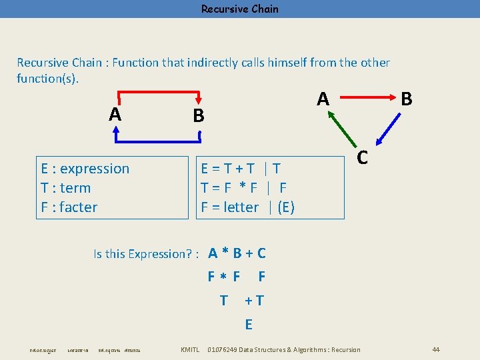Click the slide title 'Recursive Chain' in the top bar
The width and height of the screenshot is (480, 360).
(240, 9)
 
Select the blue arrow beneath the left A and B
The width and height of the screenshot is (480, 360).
(159, 141)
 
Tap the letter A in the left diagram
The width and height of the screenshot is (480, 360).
(115, 115)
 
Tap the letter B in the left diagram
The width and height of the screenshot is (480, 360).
(198, 116)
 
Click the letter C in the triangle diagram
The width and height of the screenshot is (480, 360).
(362, 157)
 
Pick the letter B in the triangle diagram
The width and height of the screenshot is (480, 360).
(406, 99)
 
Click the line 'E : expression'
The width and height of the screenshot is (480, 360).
(85, 169)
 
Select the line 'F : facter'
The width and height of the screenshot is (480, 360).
(69, 207)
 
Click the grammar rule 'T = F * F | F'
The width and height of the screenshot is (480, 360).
(243, 188)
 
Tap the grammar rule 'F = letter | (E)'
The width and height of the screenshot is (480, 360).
(247, 207)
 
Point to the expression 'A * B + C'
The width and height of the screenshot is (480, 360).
(237, 253)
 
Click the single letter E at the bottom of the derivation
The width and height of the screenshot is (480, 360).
(249, 325)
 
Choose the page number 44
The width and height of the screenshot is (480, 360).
(436, 350)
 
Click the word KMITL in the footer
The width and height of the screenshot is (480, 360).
(190, 350)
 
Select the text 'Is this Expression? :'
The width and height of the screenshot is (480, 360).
(147, 254)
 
